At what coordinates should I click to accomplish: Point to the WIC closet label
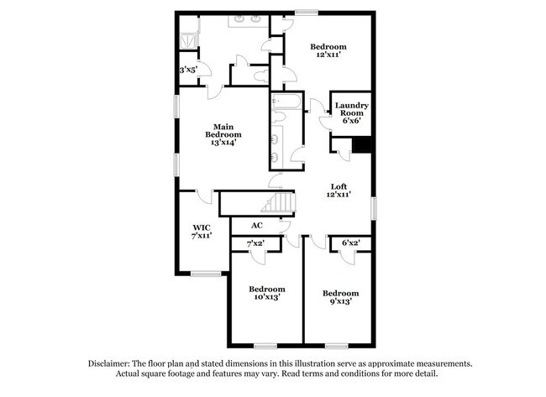coord(201,227)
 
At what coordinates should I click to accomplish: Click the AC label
coord(258,225)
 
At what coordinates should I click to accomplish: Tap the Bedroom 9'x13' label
coord(340,297)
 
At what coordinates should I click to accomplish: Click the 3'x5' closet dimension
coord(188,71)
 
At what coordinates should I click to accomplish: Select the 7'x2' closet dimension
coord(255,244)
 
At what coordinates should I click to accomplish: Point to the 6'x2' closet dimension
coord(350,244)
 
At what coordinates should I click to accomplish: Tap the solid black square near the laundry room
coord(362,145)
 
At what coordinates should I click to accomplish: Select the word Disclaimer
coord(111,363)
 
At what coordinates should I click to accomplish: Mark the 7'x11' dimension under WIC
coord(201,236)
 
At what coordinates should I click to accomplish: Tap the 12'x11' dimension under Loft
coord(339,195)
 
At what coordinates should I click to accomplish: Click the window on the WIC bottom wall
coord(204,273)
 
